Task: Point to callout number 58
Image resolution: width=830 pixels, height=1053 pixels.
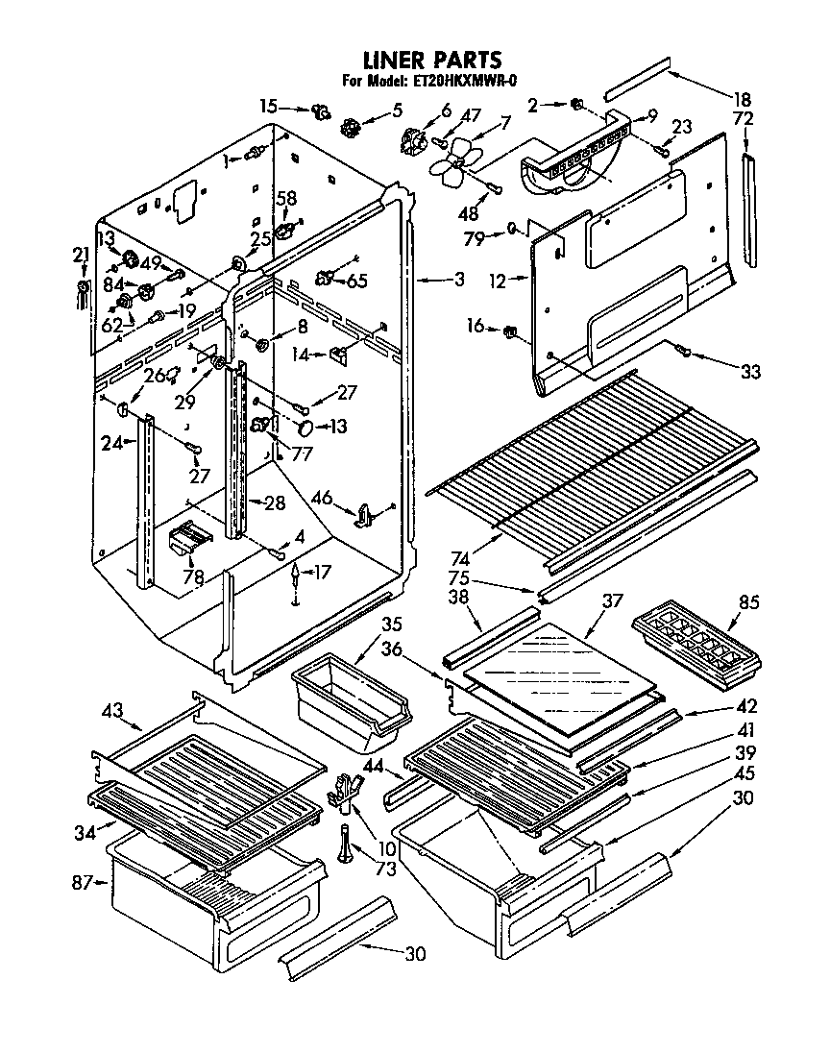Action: [286, 197]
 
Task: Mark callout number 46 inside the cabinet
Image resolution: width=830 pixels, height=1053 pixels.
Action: [323, 498]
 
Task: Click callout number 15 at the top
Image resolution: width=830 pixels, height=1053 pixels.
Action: [269, 105]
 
